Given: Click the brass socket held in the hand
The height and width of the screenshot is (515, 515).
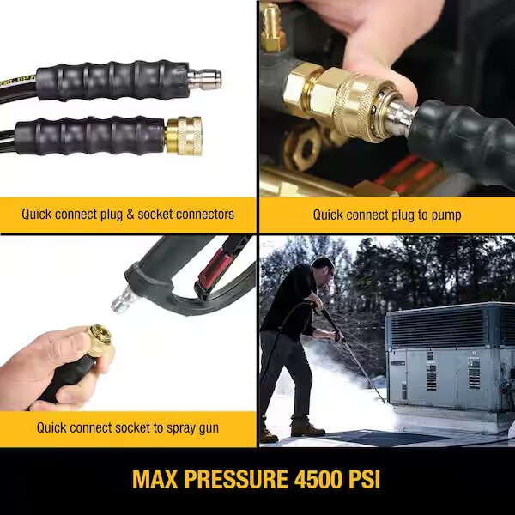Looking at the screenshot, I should click(97, 341).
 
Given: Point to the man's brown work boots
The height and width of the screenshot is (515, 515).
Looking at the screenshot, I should click(307, 427).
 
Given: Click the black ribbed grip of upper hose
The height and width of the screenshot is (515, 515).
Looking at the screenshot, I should click(112, 81).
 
